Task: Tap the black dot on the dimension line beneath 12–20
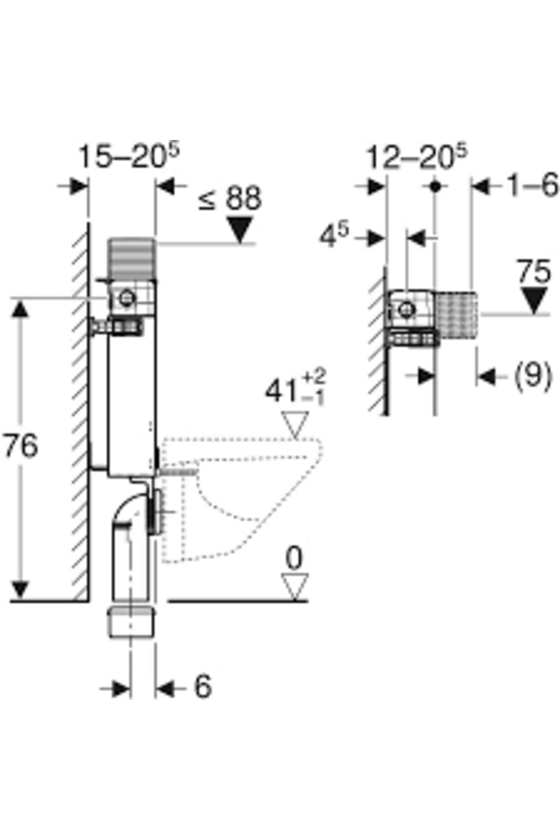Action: pos(435,187)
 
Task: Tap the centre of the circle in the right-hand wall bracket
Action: pos(406,309)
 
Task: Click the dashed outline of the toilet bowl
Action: pos(241,499)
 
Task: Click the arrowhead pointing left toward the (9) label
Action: pos(486,377)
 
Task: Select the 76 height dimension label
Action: pos(21,445)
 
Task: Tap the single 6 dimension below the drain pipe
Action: pos(203,687)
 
